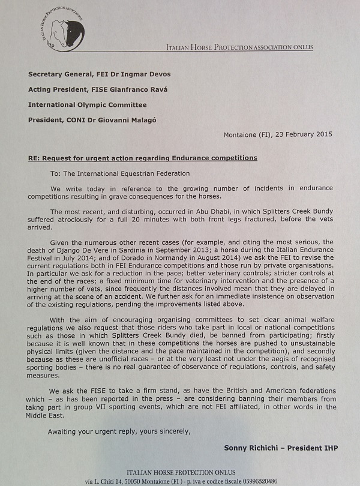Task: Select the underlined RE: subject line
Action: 143,158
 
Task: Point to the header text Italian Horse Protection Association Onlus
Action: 239,47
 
